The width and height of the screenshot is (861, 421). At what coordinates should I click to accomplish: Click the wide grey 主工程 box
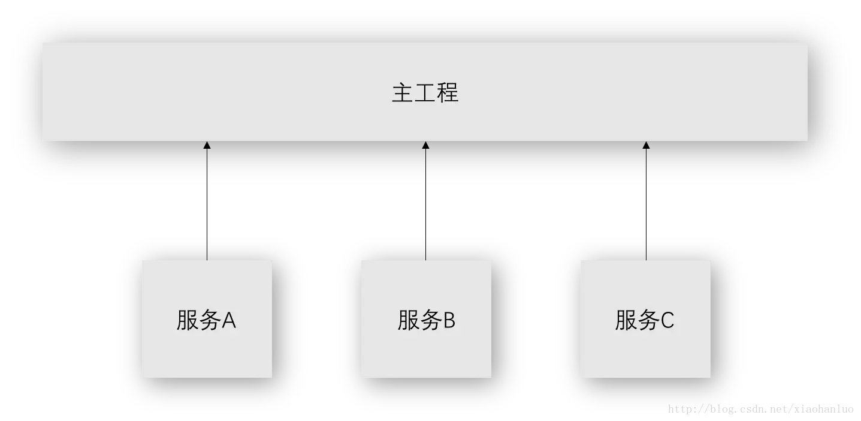coord(240,92)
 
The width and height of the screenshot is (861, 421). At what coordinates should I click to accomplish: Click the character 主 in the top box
coord(403,93)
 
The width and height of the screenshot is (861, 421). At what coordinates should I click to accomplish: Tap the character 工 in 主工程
coord(425,93)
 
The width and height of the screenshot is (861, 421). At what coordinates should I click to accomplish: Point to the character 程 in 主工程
coord(448,93)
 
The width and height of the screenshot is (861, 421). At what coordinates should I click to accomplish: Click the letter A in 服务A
coord(229,321)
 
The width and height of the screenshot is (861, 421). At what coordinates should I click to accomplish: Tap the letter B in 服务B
coord(449,321)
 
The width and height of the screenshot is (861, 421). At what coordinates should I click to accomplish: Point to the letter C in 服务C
coord(667,321)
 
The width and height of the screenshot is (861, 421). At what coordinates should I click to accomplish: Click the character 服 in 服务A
coord(187,320)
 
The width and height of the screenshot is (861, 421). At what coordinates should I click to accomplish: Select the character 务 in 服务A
coord(209,320)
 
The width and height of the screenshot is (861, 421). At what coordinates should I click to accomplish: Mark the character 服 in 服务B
coord(408,320)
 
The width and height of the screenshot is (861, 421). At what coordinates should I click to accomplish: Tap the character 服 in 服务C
coord(626,320)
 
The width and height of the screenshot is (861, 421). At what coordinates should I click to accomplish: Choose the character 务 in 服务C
coord(648,320)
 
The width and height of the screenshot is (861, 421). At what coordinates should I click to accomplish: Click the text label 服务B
coord(426,320)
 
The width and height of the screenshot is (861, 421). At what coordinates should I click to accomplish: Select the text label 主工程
coord(425,93)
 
